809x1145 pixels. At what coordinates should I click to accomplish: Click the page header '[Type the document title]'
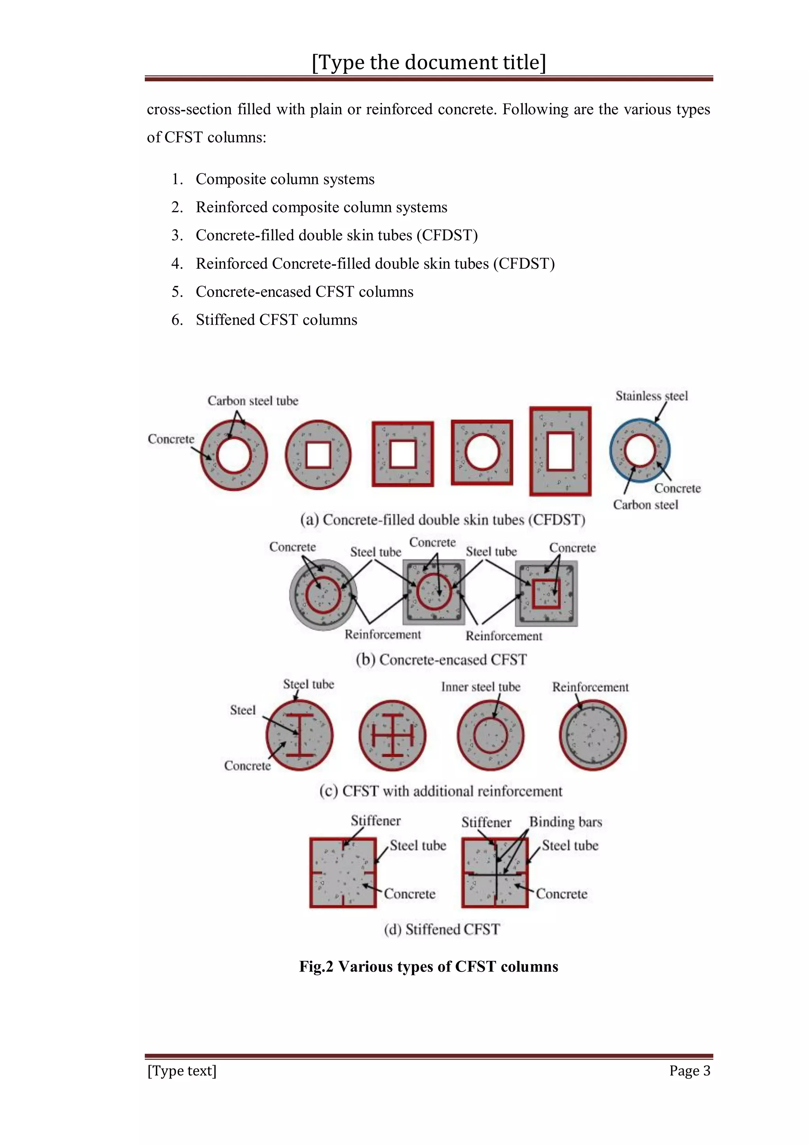point(429,62)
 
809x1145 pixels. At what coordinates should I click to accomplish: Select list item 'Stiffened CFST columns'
point(276,320)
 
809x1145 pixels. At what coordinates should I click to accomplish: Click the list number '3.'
point(177,236)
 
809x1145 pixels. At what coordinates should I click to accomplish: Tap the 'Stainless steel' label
point(651,396)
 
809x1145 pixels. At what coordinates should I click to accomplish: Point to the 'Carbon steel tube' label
point(253,401)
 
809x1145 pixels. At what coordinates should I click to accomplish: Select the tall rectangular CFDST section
point(560,451)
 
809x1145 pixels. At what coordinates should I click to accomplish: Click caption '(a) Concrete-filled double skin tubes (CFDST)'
point(442,520)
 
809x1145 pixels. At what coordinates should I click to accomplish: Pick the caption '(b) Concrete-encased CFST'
point(441,660)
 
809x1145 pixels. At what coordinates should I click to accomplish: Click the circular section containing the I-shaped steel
point(299,735)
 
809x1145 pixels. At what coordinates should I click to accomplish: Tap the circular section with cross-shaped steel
point(393,735)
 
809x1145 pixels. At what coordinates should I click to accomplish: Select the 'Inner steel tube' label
point(480,687)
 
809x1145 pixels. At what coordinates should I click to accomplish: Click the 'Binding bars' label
point(565,822)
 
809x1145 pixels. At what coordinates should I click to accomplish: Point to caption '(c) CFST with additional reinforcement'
point(440,791)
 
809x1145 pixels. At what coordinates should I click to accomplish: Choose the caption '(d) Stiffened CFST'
point(442,929)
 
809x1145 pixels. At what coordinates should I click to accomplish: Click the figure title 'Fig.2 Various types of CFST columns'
point(428,966)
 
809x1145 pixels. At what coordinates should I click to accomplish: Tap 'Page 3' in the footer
point(689,1071)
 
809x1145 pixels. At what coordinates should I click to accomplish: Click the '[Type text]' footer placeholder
point(182,1071)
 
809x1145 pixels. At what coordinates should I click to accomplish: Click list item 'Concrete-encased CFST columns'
point(304,292)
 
